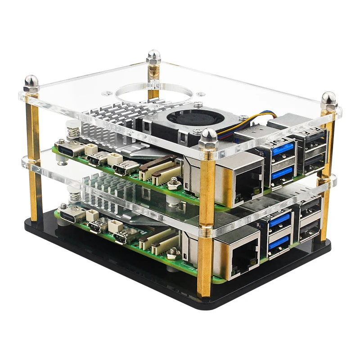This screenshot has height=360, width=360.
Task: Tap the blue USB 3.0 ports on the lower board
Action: click(279, 234)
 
